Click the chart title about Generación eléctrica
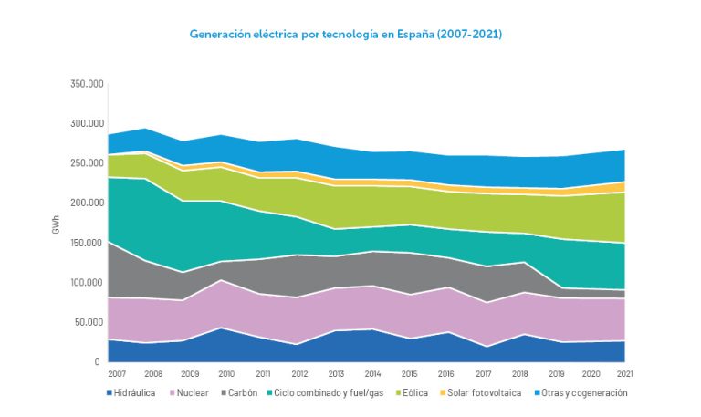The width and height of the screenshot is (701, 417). (346, 34)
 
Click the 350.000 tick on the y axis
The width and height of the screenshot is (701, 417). (87, 84)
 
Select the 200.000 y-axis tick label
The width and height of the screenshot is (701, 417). (87, 203)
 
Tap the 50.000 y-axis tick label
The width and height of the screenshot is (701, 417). (89, 322)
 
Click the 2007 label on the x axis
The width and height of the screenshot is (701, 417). (118, 374)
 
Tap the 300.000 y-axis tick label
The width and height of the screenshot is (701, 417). (87, 124)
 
